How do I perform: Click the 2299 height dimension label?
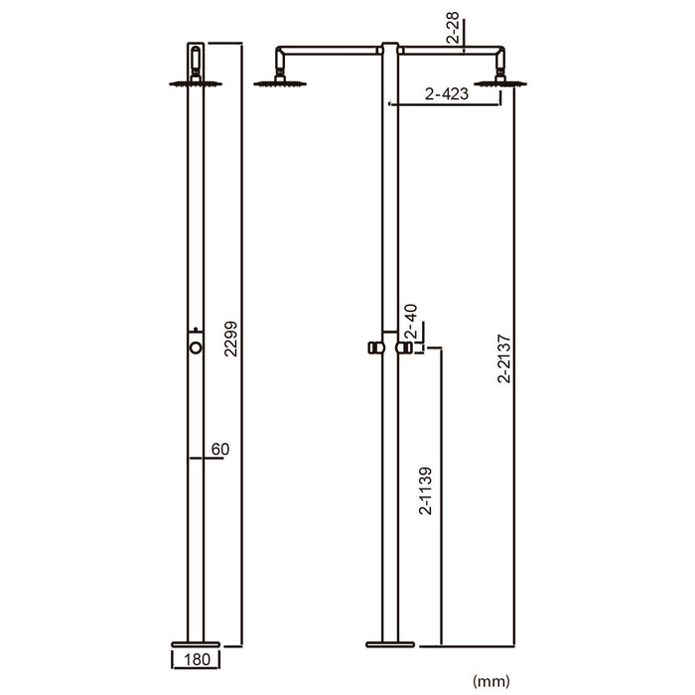point(230,343)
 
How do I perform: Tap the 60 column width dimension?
point(219,450)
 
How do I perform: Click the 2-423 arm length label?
point(445,95)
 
